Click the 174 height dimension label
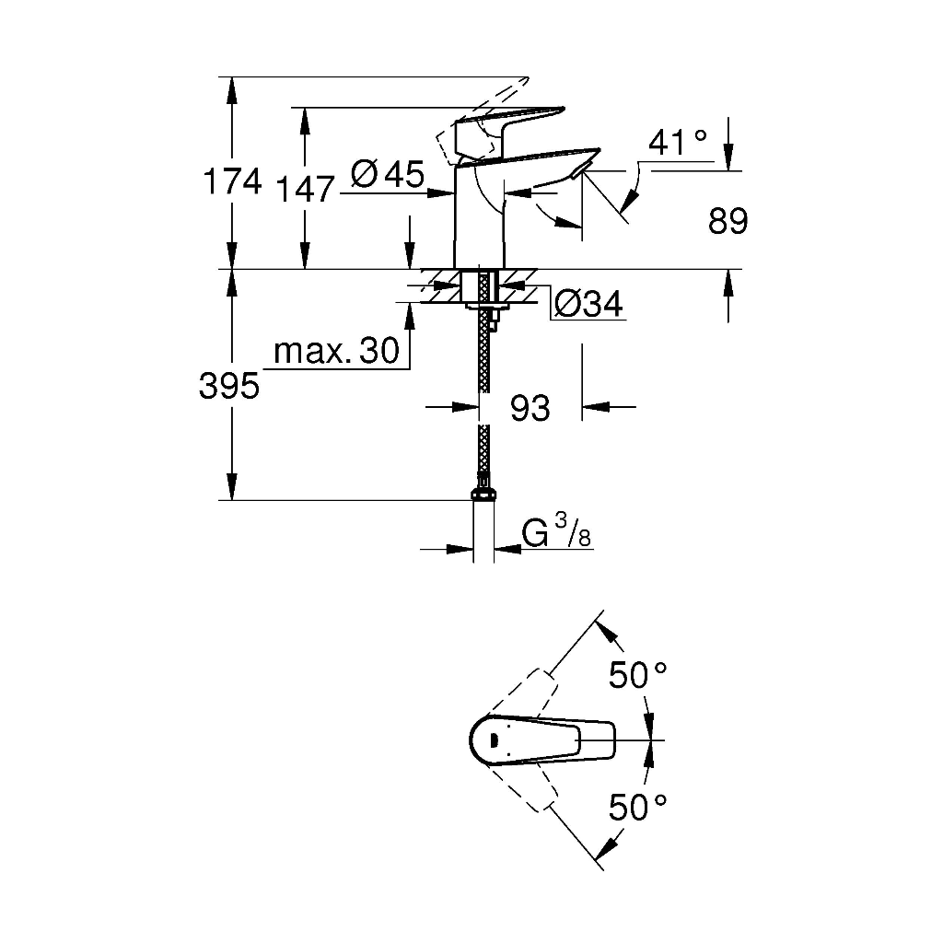[233, 181]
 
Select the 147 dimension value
[304, 190]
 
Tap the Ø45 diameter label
[388, 174]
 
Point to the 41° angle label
[678, 143]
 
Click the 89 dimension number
[728, 221]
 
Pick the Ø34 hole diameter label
[588, 304]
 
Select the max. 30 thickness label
[336, 350]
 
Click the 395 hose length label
[229, 386]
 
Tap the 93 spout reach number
[530, 408]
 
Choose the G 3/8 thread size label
[557, 531]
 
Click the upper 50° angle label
[638, 675]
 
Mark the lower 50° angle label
[638, 807]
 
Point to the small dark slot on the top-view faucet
[494, 739]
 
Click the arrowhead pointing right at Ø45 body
[441, 193]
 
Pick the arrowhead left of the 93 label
[465, 407]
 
